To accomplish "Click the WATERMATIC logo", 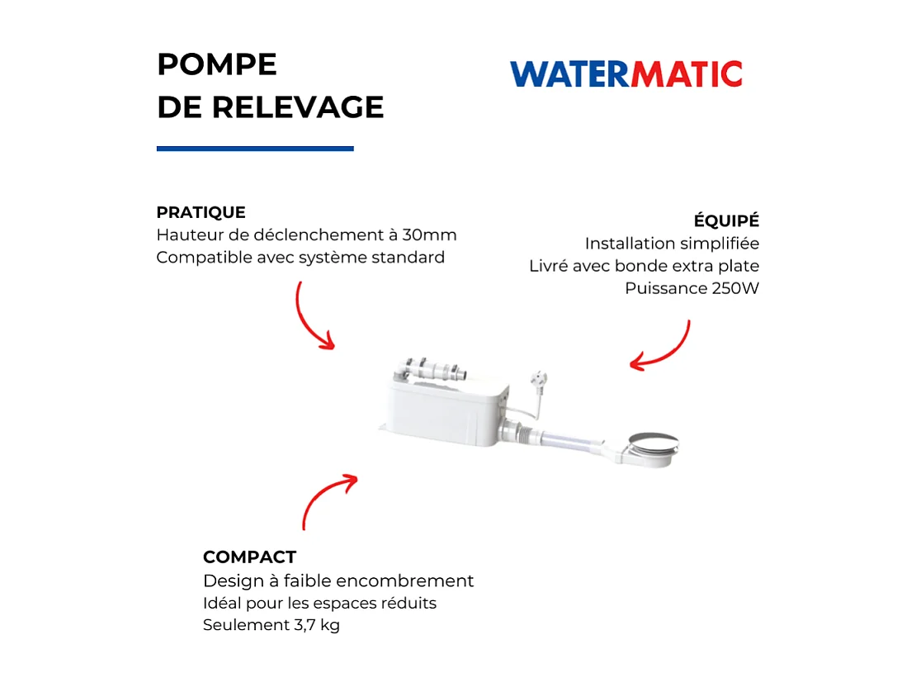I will pos(626,74).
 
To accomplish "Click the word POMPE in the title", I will pos(216,64).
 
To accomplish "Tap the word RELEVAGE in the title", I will pos(298,107).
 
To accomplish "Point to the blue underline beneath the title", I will pos(255,149).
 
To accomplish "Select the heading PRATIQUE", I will pos(201,212).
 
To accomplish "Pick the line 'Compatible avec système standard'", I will pos(300,257).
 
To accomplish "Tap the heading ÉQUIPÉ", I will pos(726,221).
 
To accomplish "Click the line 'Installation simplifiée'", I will pos(672,244).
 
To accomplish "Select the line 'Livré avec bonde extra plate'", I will pos(644,266).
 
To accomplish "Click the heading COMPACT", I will pos(249,557).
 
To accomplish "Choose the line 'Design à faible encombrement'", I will pos(338,580).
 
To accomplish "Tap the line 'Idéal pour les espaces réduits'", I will pos(319,603).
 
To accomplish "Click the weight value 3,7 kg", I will pos(316,625).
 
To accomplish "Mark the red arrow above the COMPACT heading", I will pos(326,499).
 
